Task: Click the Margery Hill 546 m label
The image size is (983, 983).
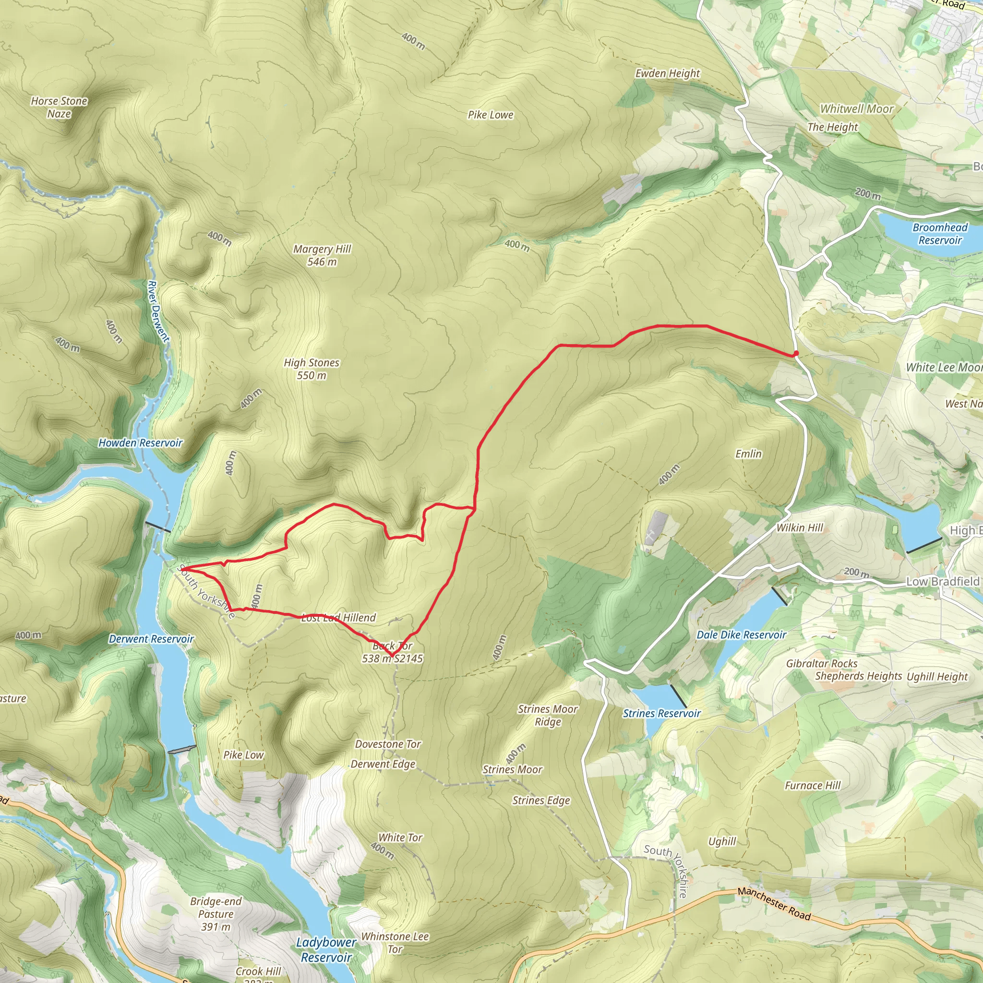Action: click(x=322, y=255)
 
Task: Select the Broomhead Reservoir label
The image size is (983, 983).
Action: click(x=940, y=234)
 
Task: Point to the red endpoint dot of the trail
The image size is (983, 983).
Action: click(x=795, y=354)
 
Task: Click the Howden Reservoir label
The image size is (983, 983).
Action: click(x=140, y=443)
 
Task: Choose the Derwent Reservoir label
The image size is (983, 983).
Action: click(x=151, y=639)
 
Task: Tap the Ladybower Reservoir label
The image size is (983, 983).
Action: click(x=325, y=950)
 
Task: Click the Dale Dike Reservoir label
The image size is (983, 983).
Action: click(x=741, y=635)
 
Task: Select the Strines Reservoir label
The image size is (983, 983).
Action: click(x=661, y=713)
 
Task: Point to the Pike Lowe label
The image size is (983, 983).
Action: click(x=491, y=115)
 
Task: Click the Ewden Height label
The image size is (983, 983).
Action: click(x=668, y=73)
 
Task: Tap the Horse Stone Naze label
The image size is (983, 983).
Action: click(x=59, y=108)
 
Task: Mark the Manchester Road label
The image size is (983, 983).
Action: click(x=774, y=904)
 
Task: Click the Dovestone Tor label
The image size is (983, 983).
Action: click(x=388, y=744)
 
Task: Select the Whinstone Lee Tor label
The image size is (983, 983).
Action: click(x=395, y=942)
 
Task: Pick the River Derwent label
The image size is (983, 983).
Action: click(x=158, y=311)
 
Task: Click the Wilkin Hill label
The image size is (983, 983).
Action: click(x=799, y=527)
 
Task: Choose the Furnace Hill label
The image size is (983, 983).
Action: click(x=813, y=785)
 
